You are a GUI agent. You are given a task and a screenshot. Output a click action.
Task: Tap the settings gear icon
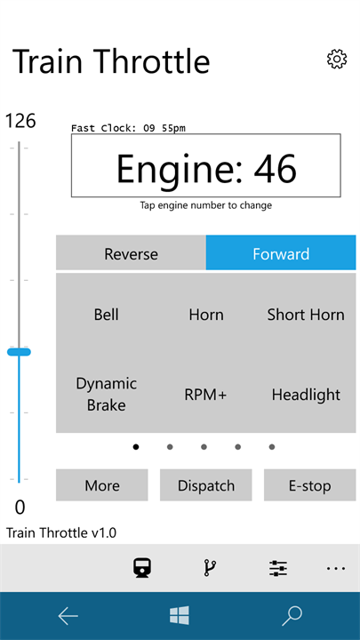[337, 60]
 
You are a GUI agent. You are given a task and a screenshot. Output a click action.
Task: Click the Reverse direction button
[131, 252]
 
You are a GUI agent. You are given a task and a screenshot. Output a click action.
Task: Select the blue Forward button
[281, 252]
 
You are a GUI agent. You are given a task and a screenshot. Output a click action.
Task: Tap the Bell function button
[106, 315]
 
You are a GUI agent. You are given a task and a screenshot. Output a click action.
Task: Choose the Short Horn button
[306, 315]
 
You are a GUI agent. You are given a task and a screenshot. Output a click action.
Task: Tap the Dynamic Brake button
[106, 395]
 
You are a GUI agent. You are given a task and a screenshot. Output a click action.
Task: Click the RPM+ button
[205, 395]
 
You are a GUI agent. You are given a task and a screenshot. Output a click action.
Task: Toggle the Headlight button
[306, 395]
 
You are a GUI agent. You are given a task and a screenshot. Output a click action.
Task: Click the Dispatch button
[205, 485]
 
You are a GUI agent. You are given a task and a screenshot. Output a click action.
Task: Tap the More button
[101, 485]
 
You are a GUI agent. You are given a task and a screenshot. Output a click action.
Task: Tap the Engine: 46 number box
[205, 165]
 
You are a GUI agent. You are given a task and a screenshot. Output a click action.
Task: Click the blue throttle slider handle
[19, 352]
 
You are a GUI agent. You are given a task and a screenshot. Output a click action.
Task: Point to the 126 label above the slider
[20, 121]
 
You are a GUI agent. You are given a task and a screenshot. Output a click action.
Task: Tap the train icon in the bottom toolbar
[143, 568]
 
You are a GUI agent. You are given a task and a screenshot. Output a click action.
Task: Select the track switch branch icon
[210, 568]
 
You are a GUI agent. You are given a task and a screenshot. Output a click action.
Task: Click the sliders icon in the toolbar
[278, 568]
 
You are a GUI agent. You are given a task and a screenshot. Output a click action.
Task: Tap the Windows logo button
[180, 615]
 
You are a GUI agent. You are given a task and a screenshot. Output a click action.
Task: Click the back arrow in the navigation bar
[68, 616]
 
